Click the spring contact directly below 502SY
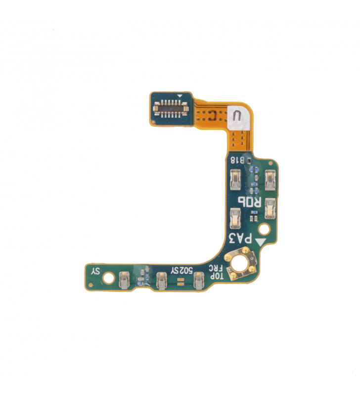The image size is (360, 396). [162, 281]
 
